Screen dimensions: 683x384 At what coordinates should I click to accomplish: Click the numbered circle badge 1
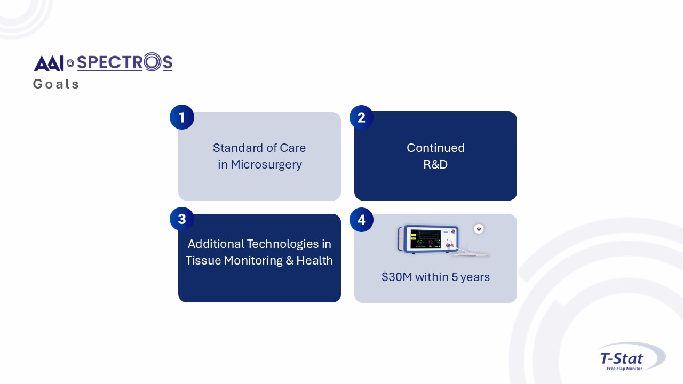point(182,117)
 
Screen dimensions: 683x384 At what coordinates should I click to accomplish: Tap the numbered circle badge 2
point(361,117)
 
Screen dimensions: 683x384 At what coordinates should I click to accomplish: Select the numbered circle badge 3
point(182,219)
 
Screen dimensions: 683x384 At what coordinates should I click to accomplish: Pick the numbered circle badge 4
point(361,220)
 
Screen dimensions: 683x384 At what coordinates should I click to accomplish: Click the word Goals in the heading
point(56,84)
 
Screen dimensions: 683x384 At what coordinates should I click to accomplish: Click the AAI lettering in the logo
point(49,63)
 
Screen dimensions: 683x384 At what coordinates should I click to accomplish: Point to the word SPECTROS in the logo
point(125,62)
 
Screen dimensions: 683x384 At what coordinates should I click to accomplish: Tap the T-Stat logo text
point(622,358)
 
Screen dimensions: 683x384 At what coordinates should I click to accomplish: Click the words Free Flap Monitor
point(624,369)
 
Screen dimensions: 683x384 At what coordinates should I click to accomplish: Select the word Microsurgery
point(266,165)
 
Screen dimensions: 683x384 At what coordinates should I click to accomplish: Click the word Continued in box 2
point(435,148)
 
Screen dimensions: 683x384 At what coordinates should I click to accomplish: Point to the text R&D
point(435,164)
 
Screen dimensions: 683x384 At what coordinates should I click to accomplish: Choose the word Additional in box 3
point(216,244)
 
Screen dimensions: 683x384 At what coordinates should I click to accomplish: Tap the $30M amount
point(396,277)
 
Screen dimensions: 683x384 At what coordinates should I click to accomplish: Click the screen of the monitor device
point(425,238)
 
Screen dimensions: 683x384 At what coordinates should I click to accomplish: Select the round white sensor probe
point(479,229)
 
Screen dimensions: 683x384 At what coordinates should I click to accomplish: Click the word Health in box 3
point(314,261)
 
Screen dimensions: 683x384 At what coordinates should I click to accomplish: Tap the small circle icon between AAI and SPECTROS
point(70,63)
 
